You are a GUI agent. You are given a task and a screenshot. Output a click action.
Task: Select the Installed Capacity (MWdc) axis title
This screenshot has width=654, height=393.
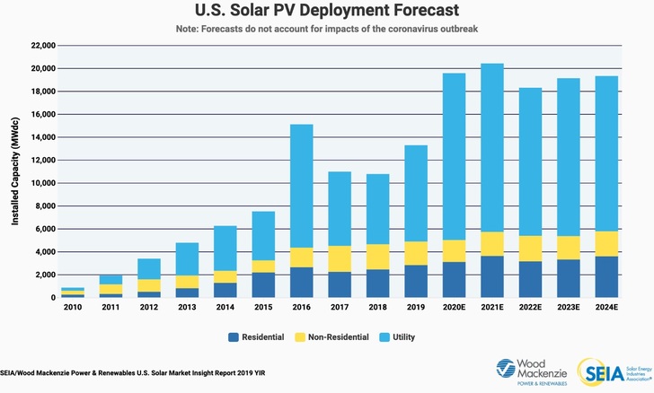15,171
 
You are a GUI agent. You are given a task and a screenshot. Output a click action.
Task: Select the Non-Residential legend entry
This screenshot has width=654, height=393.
331,337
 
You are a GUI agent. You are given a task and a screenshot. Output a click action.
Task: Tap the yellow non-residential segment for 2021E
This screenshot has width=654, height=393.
493,244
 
